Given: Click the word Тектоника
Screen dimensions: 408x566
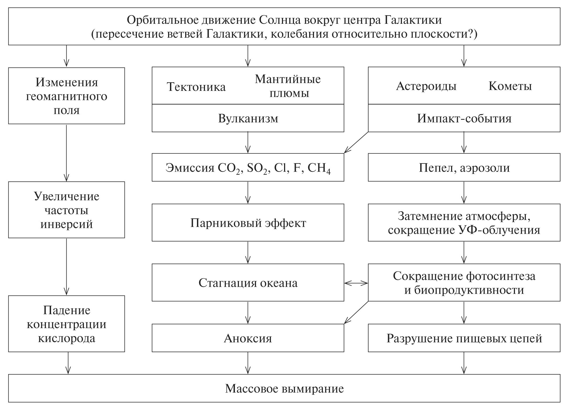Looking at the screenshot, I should (196, 87).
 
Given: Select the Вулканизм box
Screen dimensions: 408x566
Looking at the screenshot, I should (248, 118).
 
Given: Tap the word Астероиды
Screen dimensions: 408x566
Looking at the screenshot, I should (426, 86).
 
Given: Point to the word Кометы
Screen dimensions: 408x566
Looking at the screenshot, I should (510, 86).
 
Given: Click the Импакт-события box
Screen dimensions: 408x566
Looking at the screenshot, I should (464, 118).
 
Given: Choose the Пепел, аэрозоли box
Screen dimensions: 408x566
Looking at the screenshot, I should (464, 168).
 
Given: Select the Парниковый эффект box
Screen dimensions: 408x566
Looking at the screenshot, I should (248, 223).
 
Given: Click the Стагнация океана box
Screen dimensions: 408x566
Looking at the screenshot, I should (248, 283).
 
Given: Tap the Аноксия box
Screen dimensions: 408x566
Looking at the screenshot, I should (248, 338).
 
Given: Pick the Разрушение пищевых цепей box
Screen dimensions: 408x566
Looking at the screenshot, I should (464, 338).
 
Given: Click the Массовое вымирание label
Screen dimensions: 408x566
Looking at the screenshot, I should (284, 388).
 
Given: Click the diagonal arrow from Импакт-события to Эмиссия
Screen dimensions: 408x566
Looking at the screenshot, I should (356, 143).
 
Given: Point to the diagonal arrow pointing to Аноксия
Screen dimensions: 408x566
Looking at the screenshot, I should (356, 313).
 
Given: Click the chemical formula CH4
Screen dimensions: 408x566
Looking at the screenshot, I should (319, 168).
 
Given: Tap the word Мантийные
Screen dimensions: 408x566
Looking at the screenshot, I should (288, 79).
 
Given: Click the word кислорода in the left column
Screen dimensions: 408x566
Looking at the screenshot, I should (67, 338).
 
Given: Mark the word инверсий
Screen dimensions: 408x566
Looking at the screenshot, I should (67, 224).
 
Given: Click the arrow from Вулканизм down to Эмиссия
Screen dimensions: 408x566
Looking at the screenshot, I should (248, 142).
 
